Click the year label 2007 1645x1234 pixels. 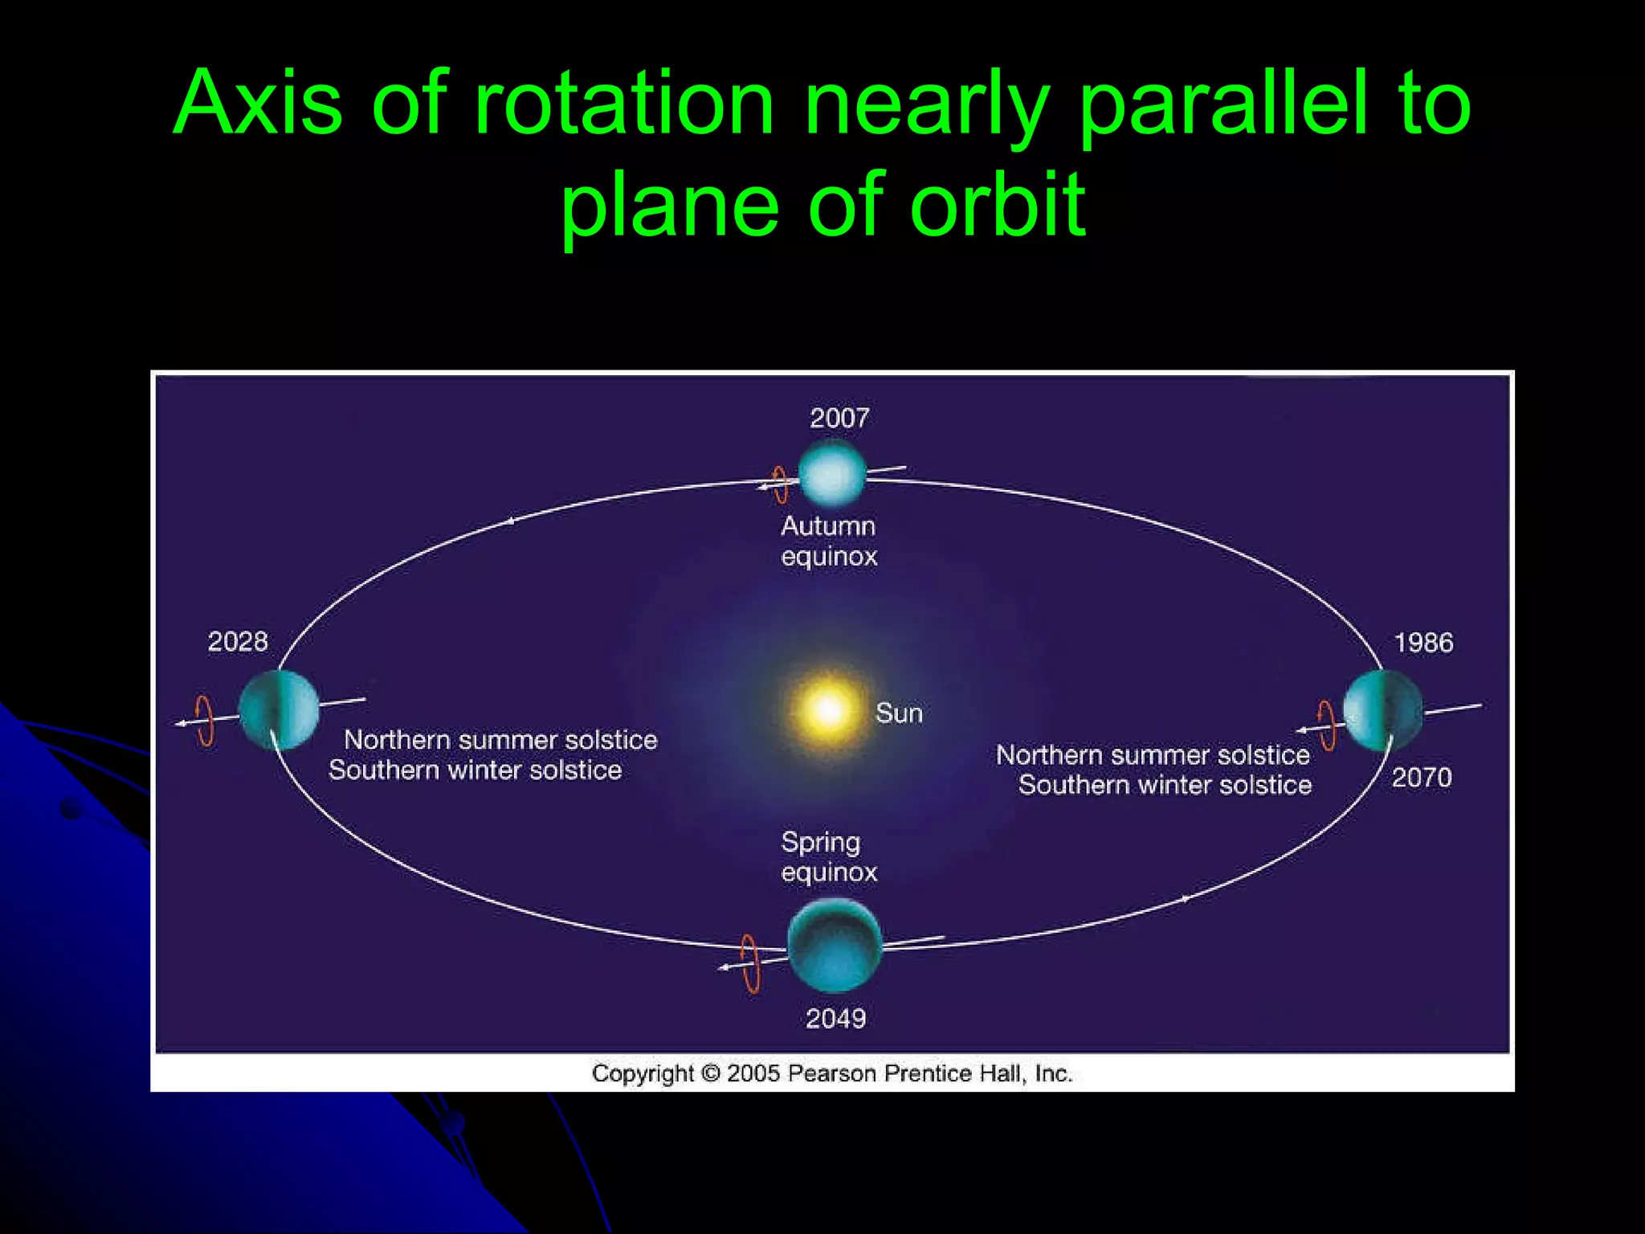click(x=839, y=418)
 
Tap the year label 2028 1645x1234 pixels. click(x=238, y=641)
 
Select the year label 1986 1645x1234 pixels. click(x=1423, y=643)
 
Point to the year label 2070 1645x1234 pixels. click(x=1421, y=778)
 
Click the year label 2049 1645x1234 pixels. click(x=835, y=1019)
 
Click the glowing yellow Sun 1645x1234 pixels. click(x=828, y=710)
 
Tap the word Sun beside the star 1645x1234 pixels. click(x=899, y=713)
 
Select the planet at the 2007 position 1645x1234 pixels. click(x=832, y=474)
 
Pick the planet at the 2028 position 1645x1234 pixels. click(x=279, y=709)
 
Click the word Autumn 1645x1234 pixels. click(x=828, y=526)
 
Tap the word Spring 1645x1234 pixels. click(x=820, y=843)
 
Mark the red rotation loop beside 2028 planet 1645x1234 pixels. click(x=206, y=721)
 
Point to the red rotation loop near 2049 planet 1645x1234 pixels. click(x=750, y=963)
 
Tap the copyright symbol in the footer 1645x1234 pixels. click(x=710, y=1073)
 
